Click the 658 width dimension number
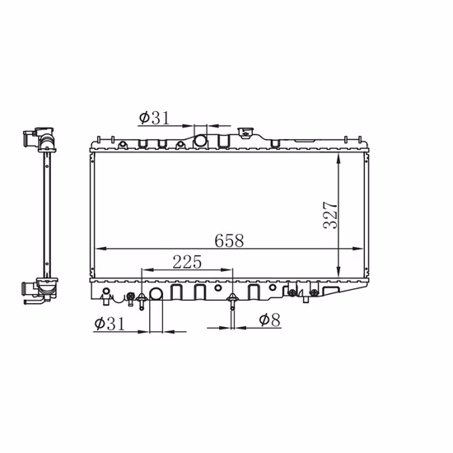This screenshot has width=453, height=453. [x=229, y=241]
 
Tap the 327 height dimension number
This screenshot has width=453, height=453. [x=330, y=215]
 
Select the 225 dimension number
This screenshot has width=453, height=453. [x=187, y=262]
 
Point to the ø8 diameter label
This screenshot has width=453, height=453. [x=270, y=320]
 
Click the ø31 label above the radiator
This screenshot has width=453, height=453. [x=154, y=118]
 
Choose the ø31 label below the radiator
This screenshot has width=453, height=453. [x=110, y=324]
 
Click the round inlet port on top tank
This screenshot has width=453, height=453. [x=200, y=141]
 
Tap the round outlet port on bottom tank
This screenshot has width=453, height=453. [x=156, y=294]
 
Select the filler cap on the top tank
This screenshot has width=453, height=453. [x=245, y=133]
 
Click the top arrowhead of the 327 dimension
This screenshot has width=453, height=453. [x=339, y=159]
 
